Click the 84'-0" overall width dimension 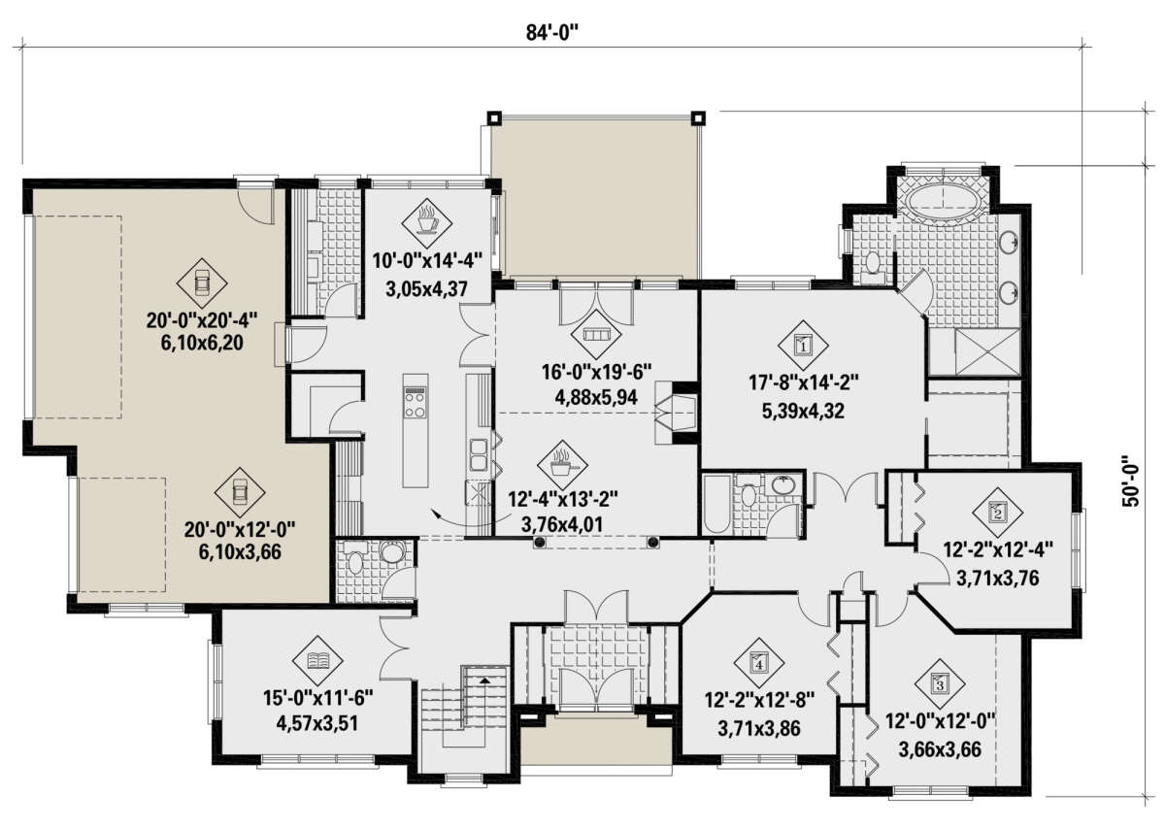click(x=551, y=33)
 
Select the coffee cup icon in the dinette click(x=426, y=223)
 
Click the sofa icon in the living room click(x=595, y=334)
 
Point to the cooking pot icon click(x=562, y=465)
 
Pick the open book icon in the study click(x=317, y=661)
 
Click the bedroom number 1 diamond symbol click(x=803, y=345)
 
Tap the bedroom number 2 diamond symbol click(x=998, y=513)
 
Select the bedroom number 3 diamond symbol click(x=940, y=683)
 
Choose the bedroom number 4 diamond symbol click(x=759, y=663)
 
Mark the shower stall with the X click(x=987, y=351)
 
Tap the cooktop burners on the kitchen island click(x=416, y=403)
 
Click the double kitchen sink click(x=478, y=455)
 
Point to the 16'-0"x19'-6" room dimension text click(x=596, y=372)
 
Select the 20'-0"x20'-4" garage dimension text click(x=202, y=319)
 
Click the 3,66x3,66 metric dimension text click(x=940, y=749)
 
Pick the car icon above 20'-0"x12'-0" click(x=240, y=491)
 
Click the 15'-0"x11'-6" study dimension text click(x=317, y=698)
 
